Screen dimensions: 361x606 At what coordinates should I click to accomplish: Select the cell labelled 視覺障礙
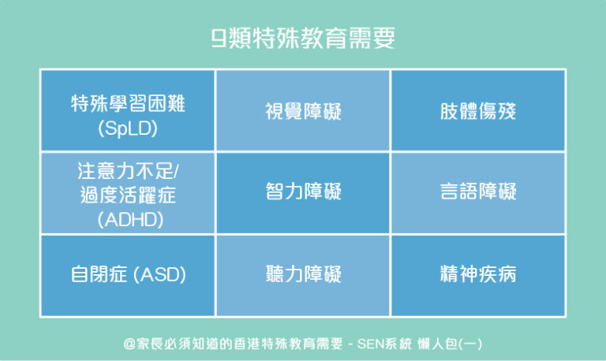click(x=303, y=111)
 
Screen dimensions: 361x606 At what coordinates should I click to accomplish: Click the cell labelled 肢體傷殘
click(x=477, y=111)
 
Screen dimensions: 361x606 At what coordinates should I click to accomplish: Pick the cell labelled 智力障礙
click(x=303, y=192)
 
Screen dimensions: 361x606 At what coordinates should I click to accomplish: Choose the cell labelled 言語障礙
click(x=477, y=192)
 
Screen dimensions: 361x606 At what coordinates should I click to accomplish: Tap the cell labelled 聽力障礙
click(x=303, y=274)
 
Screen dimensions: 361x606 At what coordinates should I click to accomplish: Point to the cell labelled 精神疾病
click(x=477, y=274)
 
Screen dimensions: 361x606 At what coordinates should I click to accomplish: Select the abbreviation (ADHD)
click(x=130, y=220)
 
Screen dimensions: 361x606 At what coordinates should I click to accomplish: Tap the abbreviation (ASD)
click(x=160, y=275)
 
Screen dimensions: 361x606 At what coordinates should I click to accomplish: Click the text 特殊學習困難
click(x=129, y=102)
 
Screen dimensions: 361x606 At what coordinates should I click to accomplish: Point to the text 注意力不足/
click(x=134, y=172)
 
